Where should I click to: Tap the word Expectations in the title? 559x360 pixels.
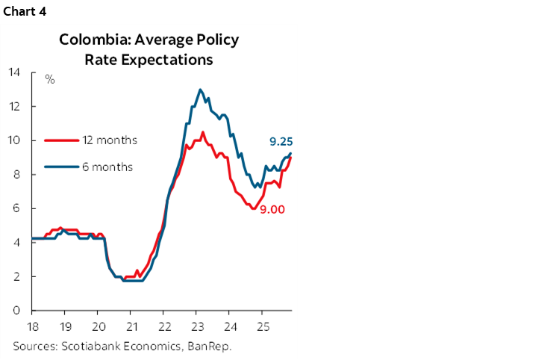tap(177, 59)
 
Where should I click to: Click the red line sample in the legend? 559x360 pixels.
tap(62, 140)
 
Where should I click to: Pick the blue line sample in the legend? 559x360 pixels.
tap(62, 167)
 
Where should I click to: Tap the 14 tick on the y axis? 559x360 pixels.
tap(13, 72)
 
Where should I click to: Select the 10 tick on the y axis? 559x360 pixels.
tap(13, 140)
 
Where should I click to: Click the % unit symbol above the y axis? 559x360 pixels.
tap(50, 79)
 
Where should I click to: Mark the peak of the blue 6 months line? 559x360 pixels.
tap(200, 90)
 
